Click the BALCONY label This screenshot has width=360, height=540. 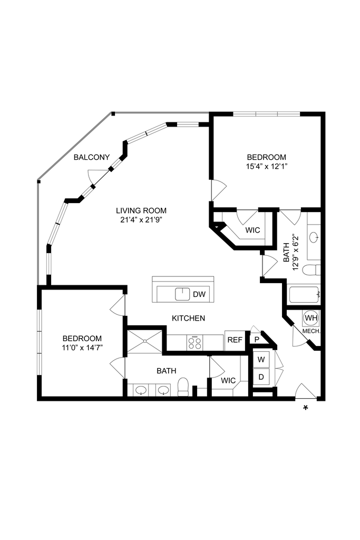pos(92,157)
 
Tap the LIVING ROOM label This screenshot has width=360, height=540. pos(138,210)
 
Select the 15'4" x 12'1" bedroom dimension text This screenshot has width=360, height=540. pos(267,166)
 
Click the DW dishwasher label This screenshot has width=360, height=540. pos(199,294)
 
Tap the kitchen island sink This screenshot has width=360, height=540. pos(182,294)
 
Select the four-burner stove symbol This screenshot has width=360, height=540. pos(194,343)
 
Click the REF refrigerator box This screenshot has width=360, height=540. pos(235,340)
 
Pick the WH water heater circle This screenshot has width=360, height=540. pos(311,318)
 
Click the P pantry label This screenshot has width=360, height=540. pos(256,340)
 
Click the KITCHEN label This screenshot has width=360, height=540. pos(188,319)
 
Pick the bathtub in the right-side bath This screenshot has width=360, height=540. pos(304,294)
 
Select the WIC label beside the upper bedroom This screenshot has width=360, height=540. pos(253,230)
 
